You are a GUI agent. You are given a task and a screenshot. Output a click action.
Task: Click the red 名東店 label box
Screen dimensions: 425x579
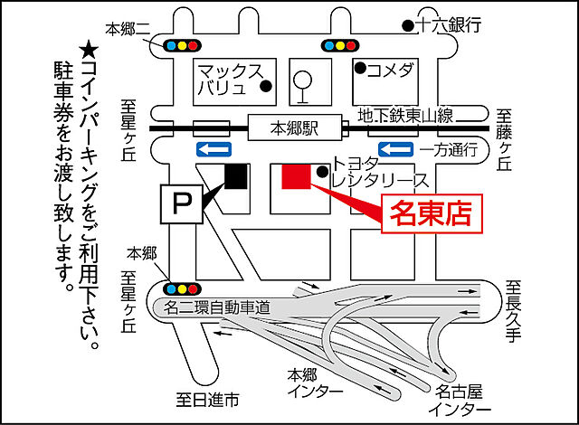click(x=431, y=213)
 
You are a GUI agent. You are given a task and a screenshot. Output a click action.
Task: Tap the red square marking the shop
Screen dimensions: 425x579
click(x=297, y=176)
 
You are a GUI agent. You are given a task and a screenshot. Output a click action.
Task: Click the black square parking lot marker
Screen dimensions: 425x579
click(x=235, y=176)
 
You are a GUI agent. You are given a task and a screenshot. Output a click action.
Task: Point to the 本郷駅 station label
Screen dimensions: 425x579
click(x=294, y=129)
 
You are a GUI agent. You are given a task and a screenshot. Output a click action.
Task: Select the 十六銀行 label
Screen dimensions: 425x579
click(x=448, y=24)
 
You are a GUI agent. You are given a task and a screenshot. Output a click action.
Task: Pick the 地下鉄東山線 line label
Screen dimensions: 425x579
click(x=404, y=116)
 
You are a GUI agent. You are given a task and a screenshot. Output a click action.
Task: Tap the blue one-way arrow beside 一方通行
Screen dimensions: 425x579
click(x=395, y=148)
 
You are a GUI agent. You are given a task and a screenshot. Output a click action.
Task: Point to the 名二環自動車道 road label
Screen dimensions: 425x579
click(x=217, y=307)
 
